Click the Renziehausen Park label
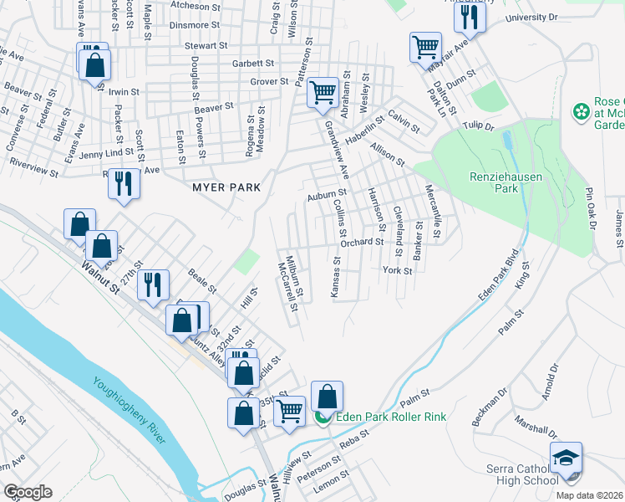tap(494, 182)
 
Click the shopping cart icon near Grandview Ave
tap(323, 94)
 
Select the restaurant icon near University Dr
tap(473, 18)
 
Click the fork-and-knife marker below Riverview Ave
tap(124, 183)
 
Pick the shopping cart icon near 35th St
tap(289, 410)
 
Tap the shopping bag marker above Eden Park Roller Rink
tap(328, 396)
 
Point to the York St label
tap(398, 271)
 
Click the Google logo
tap(28, 492)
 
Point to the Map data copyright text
tap(590, 495)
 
